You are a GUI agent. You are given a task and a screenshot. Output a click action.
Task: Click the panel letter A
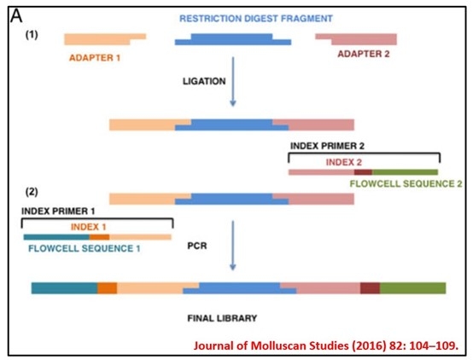coord(16,15)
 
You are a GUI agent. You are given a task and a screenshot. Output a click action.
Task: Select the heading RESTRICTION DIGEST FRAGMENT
coord(256,19)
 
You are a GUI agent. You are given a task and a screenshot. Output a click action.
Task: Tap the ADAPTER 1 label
coord(95,58)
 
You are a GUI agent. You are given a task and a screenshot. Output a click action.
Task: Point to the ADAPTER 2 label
coord(364,54)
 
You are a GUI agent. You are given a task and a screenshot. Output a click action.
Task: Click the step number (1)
coord(32,35)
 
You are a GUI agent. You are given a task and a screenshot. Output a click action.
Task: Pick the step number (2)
coord(32,192)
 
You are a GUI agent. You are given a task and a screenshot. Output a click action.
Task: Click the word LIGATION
coord(204,81)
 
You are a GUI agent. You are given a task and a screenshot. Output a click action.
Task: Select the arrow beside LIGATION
coord(233,81)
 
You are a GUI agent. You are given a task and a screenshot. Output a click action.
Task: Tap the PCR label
coord(197,246)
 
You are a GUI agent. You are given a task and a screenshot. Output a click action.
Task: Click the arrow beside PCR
coord(233,246)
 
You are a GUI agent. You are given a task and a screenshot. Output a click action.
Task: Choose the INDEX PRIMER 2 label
coord(327,146)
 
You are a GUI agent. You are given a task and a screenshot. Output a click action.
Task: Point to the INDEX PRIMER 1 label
coord(58,211)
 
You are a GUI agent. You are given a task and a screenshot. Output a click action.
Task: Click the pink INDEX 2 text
coord(344,162)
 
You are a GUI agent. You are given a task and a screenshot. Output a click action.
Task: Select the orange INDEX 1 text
coord(89,227)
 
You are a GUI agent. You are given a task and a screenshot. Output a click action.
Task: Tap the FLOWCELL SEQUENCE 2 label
coord(406,183)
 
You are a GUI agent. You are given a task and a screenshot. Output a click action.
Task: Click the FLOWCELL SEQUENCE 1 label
coord(85,248)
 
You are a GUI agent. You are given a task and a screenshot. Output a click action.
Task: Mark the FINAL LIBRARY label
coord(222,318)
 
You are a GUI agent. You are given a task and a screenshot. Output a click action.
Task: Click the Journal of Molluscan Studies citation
coord(326,345)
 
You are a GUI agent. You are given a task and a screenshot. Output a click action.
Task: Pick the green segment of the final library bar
coord(412,288)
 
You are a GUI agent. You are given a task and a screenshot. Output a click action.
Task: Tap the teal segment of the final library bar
coord(64,288)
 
